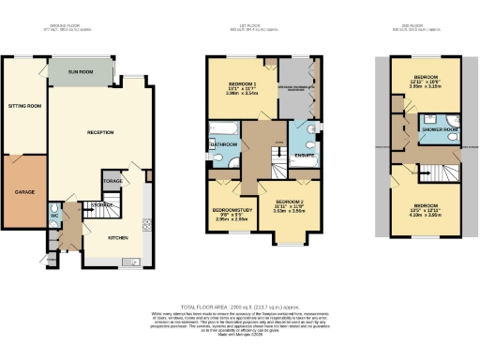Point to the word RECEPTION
(x=99, y=132)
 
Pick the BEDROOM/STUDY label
(x=229, y=209)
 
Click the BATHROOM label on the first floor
(x=223, y=145)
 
